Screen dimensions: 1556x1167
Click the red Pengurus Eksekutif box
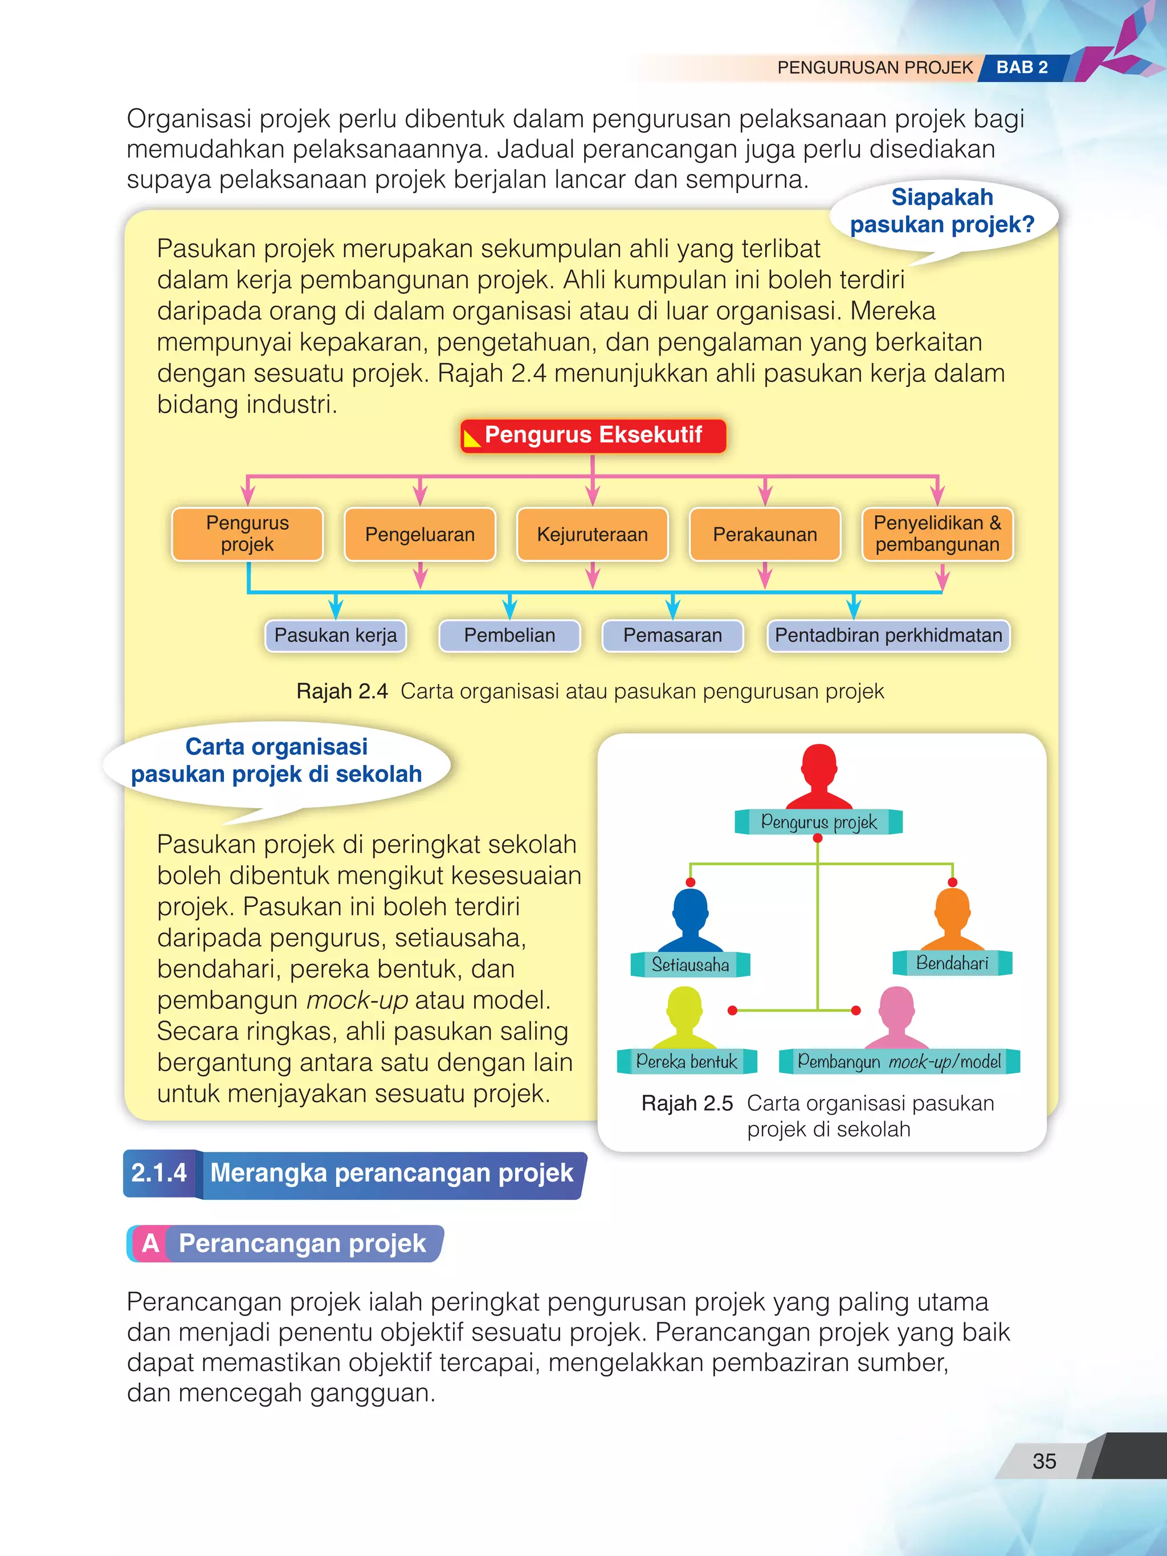click(593, 435)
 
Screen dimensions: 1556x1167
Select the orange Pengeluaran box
click(420, 535)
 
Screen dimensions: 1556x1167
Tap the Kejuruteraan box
click(592, 535)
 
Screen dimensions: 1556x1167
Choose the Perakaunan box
click(765, 535)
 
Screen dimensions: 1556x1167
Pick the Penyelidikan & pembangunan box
click(937, 534)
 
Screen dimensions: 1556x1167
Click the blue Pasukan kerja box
click(336, 635)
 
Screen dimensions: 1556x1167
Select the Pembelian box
click(509, 635)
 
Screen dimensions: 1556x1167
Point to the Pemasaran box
click(672, 635)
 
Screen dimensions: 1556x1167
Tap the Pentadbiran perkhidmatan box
click(888, 635)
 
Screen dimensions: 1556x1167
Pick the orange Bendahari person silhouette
click(952, 919)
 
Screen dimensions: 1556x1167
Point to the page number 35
click(1044, 1461)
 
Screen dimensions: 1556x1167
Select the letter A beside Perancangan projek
click(150, 1243)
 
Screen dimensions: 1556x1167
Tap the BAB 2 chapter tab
click(1022, 67)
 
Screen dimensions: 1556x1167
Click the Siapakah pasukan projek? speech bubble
click(942, 211)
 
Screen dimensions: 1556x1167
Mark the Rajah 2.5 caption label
click(687, 1103)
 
